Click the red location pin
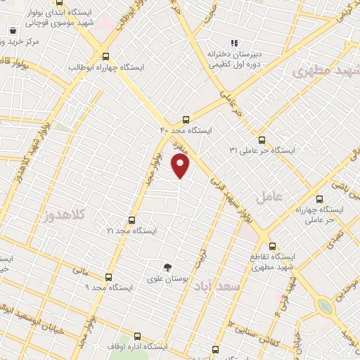pos(181,166)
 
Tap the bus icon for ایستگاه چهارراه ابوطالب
pos(106,56)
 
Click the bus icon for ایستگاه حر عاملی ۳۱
pos(262,139)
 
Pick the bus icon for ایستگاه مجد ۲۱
pos(131,219)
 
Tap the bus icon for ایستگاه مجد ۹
pos(108,276)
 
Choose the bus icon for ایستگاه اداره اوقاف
pos(136,336)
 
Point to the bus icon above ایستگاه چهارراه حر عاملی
pos(320,198)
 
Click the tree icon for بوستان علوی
pos(167,266)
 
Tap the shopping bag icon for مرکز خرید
pos(13,31)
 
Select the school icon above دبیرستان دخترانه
pos(235,42)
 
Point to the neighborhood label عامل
pos(269,197)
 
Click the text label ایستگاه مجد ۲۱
pos(131,231)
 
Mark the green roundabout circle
pos(324,307)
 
